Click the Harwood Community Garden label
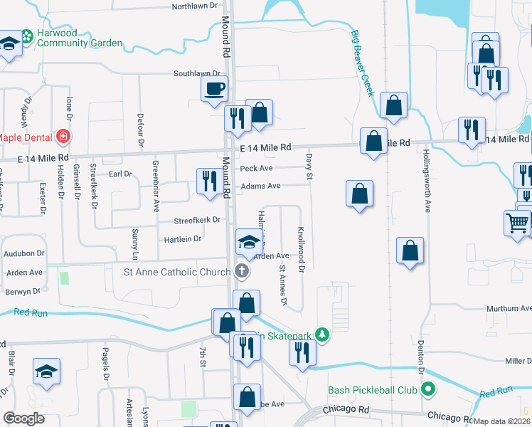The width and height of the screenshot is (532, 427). point(71,38)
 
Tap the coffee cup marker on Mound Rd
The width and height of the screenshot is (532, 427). point(216,89)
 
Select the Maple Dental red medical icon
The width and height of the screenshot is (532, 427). point(63,137)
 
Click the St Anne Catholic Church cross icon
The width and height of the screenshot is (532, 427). point(243,271)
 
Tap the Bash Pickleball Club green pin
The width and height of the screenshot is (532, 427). point(427,389)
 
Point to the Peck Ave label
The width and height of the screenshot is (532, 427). point(257,169)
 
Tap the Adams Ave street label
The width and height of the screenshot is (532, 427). point(260,186)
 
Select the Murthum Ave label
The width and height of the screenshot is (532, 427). point(509,309)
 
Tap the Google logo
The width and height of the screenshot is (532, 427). point(24,418)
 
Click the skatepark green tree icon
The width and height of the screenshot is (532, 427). point(322,334)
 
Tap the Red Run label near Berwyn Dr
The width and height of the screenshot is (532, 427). point(31,312)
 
